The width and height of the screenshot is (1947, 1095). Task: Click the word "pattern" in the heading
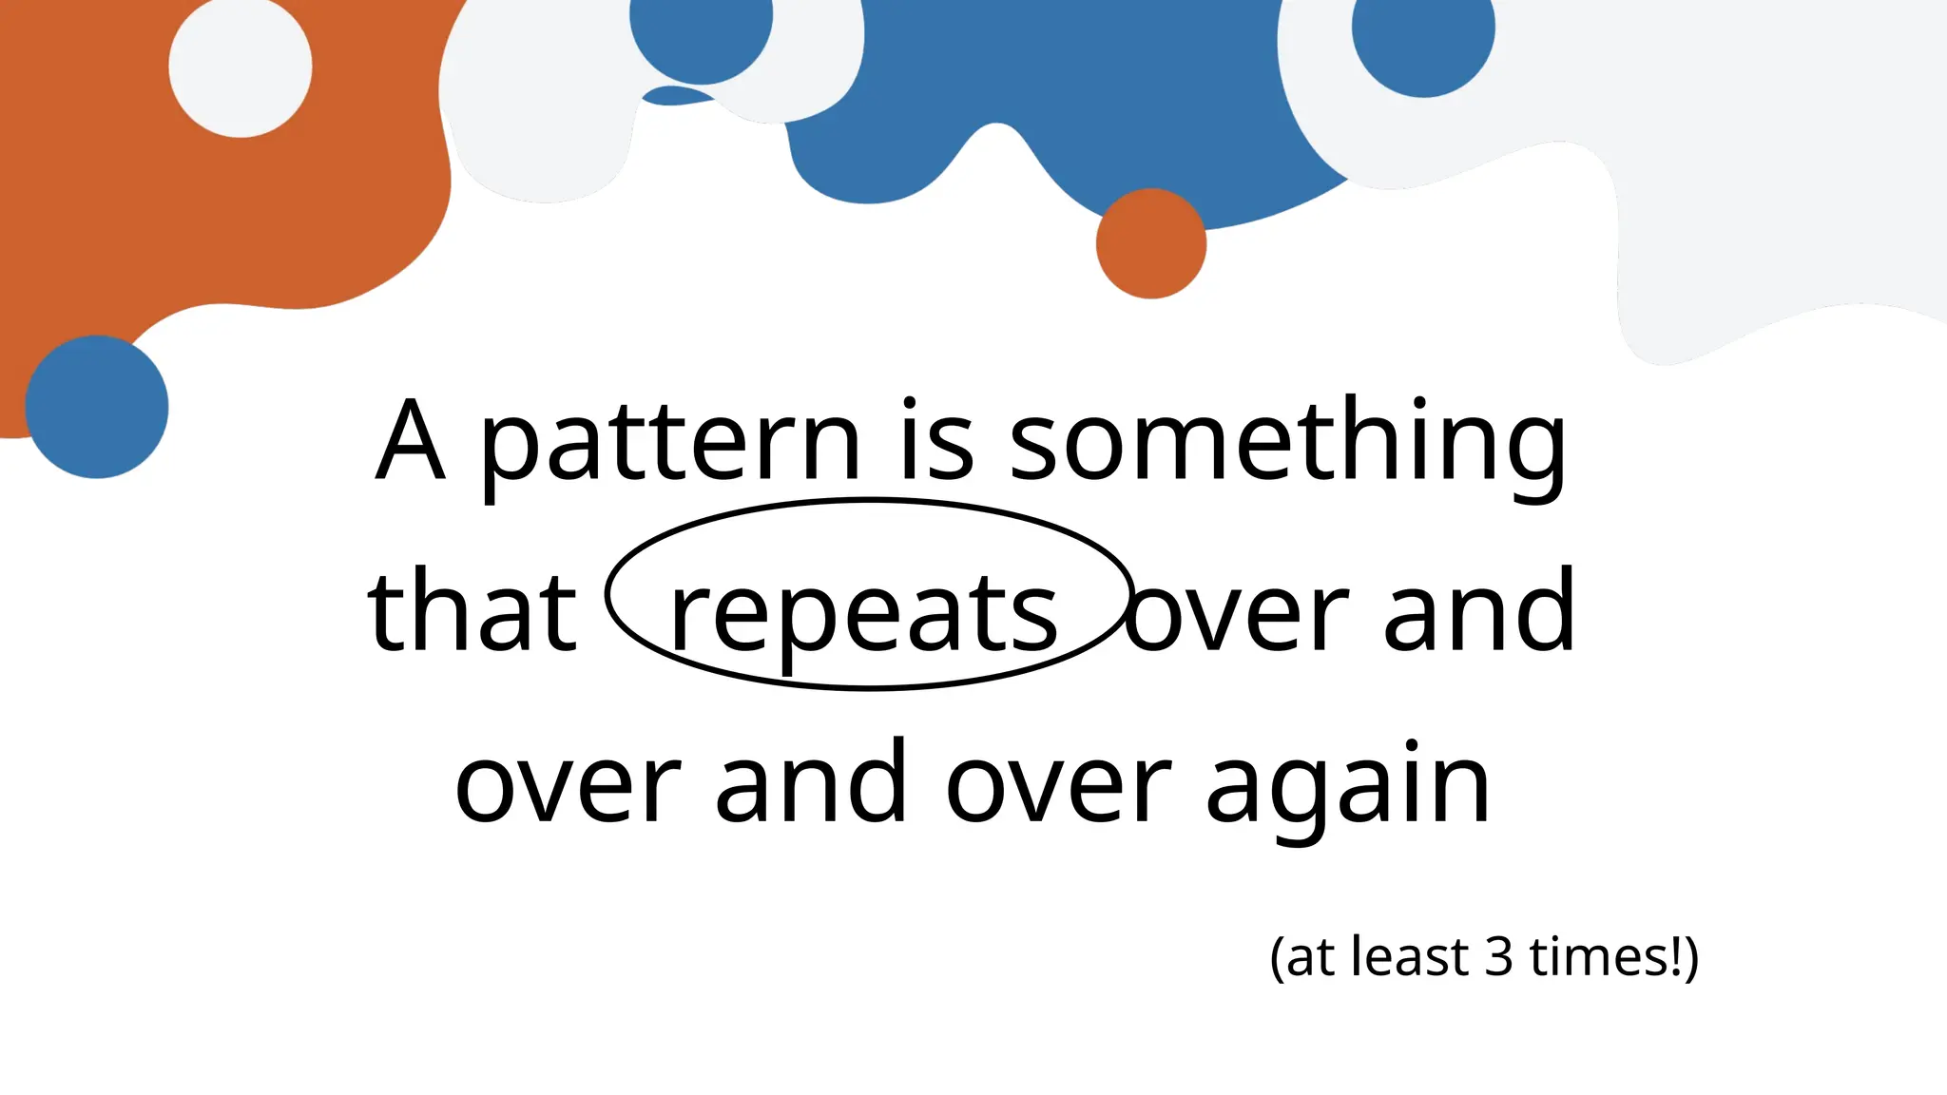coord(670,443)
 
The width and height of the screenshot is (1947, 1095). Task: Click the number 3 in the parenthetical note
coord(1498,957)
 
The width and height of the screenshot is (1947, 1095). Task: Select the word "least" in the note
coord(1410,957)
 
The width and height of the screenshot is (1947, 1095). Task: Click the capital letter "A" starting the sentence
coord(411,443)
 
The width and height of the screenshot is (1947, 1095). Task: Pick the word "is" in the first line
coord(937,443)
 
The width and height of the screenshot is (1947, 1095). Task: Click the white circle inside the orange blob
coord(241,66)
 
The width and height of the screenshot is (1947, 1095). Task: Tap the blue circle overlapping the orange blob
coord(97,407)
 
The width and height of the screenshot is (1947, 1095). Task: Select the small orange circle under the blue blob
coord(1151,243)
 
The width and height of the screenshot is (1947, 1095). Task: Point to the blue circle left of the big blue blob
coord(701,29)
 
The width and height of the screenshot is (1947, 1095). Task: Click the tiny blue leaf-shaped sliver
coord(675,95)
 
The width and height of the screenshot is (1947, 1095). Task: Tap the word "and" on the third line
coord(811,784)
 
